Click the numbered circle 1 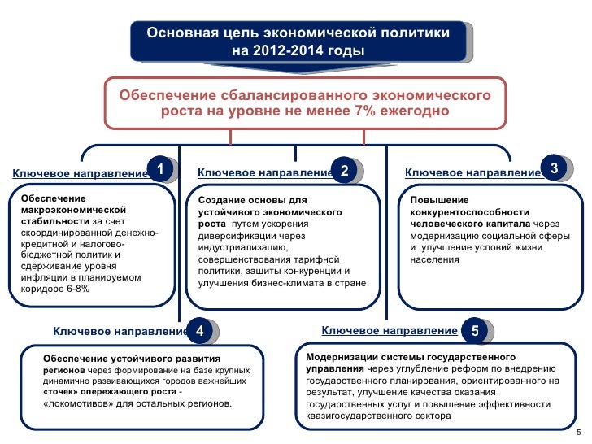161,169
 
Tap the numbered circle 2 345,171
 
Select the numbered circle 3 553,168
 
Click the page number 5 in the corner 577,432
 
